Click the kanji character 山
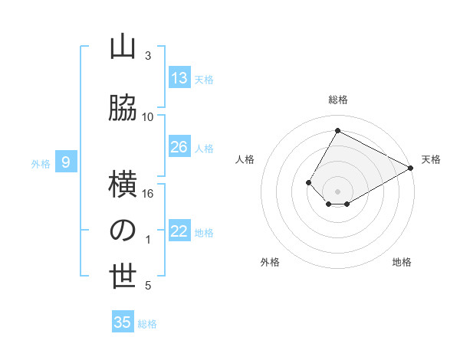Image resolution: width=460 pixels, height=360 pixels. coord(123,47)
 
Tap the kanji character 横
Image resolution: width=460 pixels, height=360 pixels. coord(123,184)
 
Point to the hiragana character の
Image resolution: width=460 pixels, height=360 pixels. coord(123,231)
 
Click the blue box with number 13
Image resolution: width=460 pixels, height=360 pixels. coord(179,78)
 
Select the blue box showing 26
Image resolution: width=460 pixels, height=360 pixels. coord(179,147)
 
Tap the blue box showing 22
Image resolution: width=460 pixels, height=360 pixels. coord(179,231)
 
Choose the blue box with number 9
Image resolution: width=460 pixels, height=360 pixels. coord(66,162)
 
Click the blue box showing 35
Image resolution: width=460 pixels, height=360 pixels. coord(123,322)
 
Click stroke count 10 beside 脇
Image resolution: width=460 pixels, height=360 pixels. coord(147,116)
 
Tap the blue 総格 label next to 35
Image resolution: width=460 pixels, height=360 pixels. coord(147,324)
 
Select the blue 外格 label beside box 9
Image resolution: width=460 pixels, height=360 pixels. coord(41,163)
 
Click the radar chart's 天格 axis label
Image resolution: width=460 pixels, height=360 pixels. coord(431,159)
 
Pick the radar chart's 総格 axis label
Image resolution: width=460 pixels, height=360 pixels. coord(337,100)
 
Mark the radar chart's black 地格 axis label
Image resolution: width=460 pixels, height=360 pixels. coord(402,262)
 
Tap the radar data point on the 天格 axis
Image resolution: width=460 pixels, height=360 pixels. coord(411,168)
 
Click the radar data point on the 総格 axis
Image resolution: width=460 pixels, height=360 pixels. coord(337,130)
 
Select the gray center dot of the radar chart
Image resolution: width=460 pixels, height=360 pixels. coord(337,191)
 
